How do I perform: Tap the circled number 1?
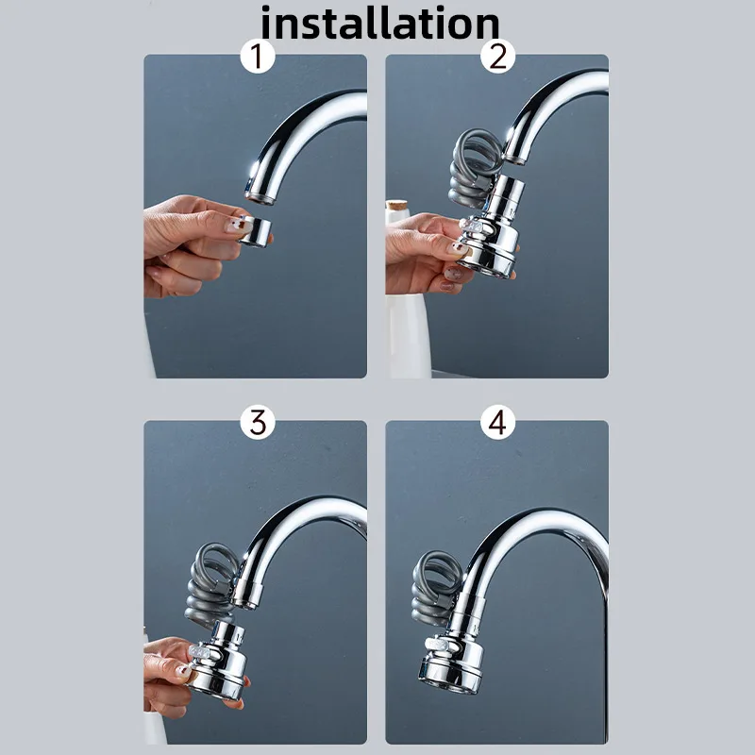(x=257, y=57)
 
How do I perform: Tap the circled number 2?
(x=497, y=57)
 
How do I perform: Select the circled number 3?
(x=257, y=422)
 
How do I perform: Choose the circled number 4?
(x=497, y=422)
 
